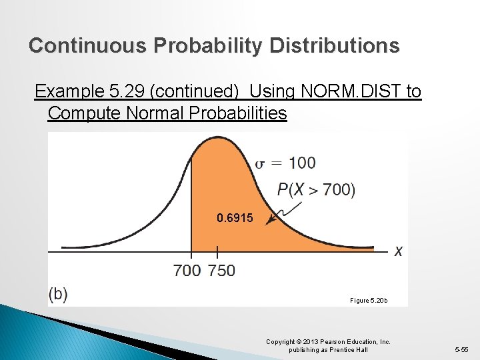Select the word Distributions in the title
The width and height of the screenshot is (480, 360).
tap(335, 45)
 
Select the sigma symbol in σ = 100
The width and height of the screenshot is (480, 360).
tap(262, 163)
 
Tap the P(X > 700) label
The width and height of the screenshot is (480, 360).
tap(316, 190)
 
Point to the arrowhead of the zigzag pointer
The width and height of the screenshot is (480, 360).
tap(267, 223)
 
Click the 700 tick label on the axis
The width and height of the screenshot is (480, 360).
tap(187, 270)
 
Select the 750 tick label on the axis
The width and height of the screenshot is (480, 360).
tap(221, 270)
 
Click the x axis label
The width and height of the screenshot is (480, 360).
tap(398, 251)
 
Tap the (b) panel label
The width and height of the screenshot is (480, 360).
tap(58, 294)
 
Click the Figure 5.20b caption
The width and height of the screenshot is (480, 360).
tap(369, 301)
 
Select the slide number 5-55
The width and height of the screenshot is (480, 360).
tap(461, 349)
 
